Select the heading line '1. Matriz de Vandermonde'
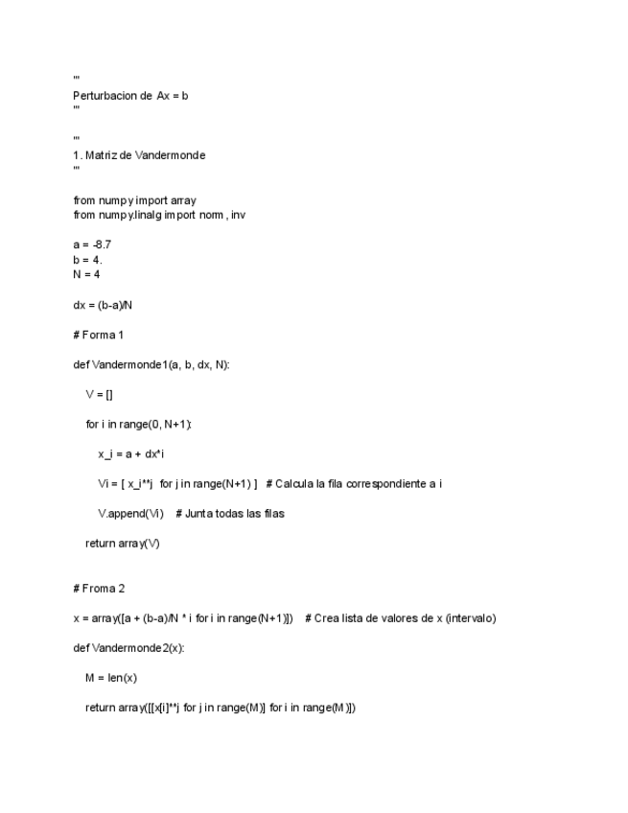(x=139, y=155)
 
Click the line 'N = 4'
(x=86, y=274)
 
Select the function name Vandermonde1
(x=129, y=364)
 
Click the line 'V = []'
(x=100, y=394)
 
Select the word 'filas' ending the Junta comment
(x=271, y=513)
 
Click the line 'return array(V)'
(x=123, y=543)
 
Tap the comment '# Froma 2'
(x=99, y=588)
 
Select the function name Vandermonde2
(x=129, y=647)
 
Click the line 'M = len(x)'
(x=111, y=678)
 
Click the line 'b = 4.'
(x=87, y=259)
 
